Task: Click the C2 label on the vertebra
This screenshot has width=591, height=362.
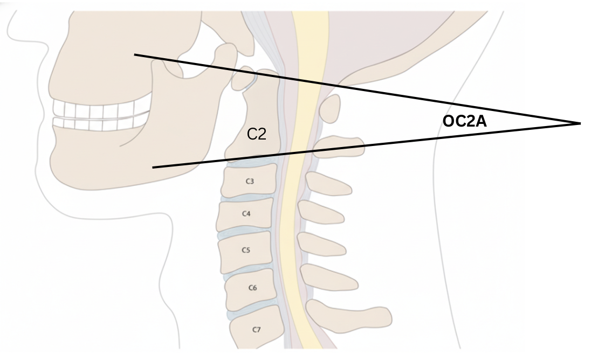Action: pyautogui.click(x=257, y=134)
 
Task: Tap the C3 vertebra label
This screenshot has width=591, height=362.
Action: pyautogui.click(x=250, y=182)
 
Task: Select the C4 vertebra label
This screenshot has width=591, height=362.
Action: pyautogui.click(x=246, y=214)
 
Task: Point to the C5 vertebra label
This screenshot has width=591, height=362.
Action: pyautogui.click(x=246, y=250)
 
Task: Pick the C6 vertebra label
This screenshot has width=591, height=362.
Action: pyautogui.click(x=252, y=288)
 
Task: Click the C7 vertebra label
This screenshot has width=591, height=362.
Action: pyautogui.click(x=257, y=329)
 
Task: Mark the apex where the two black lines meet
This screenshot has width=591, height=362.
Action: pyautogui.click(x=580, y=124)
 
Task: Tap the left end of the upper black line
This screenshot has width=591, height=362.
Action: pyautogui.click(x=135, y=54)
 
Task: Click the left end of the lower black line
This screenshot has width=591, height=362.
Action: pyautogui.click(x=153, y=168)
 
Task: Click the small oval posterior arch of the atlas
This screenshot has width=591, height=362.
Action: pyautogui.click(x=330, y=108)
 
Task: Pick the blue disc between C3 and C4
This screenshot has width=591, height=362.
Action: pyautogui.click(x=245, y=199)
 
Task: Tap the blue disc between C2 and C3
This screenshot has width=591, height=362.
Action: pyautogui.click(x=251, y=162)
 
